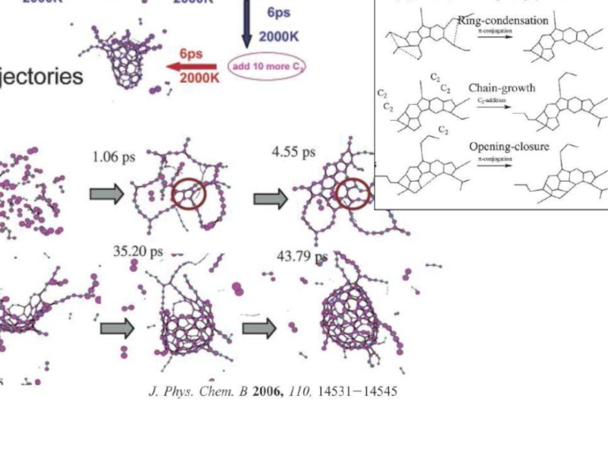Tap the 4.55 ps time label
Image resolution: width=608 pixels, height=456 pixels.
[x=293, y=152]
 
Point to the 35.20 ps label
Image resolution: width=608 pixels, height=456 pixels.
[x=138, y=250]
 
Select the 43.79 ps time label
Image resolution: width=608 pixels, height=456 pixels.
[x=302, y=256]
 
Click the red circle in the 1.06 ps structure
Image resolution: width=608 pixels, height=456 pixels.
[x=188, y=195]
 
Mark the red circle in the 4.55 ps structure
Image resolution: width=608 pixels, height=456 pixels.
[x=353, y=193]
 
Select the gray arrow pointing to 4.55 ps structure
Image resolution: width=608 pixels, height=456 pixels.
[x=271, y=199]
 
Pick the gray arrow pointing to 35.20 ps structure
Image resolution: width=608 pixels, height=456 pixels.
[x=117, y=328]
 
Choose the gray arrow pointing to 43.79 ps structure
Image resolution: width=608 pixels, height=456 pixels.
[x=259, y=328]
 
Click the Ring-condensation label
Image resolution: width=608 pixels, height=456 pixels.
[x=502, y=21]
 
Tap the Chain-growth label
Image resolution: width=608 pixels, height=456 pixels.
[x=502, y=88]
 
